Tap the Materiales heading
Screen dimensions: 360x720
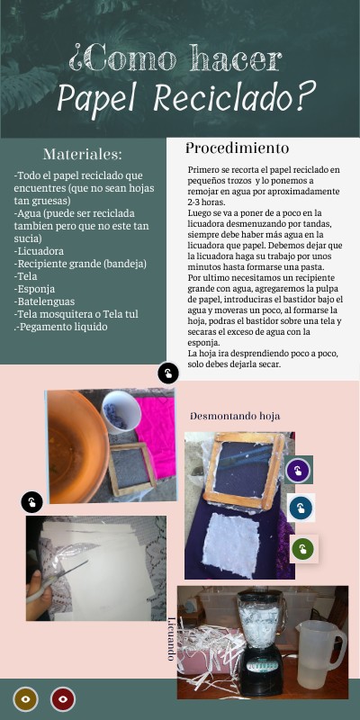pos(83,154)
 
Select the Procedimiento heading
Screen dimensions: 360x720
pos(238,148)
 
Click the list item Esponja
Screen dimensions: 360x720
pos(34,289)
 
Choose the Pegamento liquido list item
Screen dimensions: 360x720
pos(61,327)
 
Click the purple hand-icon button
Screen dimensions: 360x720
pos(298,471)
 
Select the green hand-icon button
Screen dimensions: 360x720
pos(302,548)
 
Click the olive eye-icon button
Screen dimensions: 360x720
pos(26,699)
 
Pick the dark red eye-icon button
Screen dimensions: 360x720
pos(63,699)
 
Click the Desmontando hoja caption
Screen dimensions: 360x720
pos(235,417)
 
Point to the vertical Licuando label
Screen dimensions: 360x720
pos(171,639)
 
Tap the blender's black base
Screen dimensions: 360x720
pos(261,671)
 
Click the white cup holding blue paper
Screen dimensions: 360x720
pos(121,411)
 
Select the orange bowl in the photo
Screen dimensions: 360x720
pos(76,446)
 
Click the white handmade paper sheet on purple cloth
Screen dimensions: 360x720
pos(232,544)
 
